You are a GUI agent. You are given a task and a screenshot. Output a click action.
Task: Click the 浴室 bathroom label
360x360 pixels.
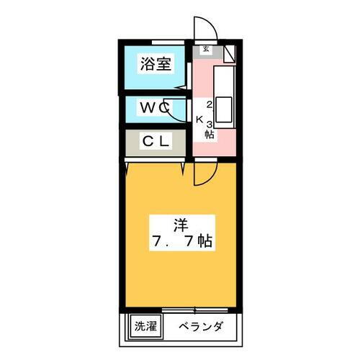coord(156,64)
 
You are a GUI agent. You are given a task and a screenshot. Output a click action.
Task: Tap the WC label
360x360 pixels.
coord(156,108)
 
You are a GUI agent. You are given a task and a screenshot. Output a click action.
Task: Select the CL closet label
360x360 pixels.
coord(156,141)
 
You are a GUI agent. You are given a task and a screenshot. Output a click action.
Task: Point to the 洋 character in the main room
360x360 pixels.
coord(181,225)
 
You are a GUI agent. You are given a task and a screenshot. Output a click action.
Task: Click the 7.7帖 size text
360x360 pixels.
coord(182,241)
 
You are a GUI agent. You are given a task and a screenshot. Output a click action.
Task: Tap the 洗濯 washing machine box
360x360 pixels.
coord(145,326)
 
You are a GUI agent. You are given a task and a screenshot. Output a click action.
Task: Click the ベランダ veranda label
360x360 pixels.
coord(201,326)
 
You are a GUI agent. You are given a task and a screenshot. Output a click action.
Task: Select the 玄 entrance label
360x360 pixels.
coord(206,49)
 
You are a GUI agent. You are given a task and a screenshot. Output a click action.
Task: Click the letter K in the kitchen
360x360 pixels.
coord(199,120)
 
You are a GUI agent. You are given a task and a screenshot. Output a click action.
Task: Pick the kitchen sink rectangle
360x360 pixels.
coord(224,109)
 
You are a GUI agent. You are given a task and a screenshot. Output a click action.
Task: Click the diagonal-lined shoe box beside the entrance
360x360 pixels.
coord(230,54)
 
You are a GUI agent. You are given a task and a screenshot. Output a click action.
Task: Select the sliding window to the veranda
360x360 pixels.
coord(195,310)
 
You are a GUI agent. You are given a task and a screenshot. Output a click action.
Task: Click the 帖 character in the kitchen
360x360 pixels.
coord(210,134)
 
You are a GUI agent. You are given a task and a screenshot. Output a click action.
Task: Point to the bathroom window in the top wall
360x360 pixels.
coord(168,42)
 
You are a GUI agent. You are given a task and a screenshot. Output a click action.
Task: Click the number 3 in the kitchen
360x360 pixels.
coord(210,125)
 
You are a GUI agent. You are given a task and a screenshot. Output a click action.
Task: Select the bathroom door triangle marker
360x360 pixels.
coord(181,87)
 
